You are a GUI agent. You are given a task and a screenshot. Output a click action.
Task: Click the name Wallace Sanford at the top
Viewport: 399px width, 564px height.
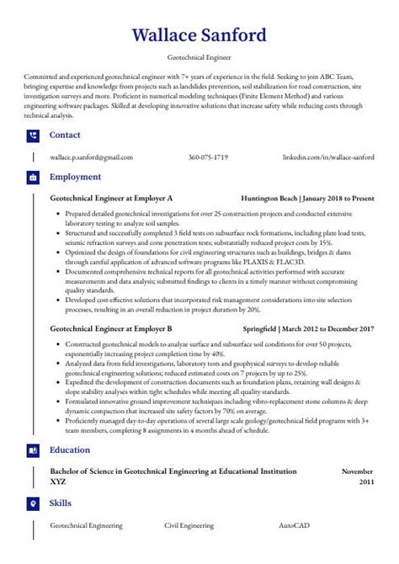(199, 36)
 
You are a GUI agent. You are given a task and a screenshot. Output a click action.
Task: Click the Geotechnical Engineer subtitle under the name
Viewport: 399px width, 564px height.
(199, 61)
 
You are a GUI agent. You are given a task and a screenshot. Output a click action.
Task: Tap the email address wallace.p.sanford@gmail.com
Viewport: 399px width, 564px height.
(91, 157)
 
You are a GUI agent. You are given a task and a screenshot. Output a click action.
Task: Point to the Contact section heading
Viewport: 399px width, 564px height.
(65, 135)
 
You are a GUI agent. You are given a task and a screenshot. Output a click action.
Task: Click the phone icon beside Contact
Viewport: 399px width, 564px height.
(33, 135)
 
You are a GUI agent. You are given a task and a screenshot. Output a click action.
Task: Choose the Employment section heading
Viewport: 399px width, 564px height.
(75, 178)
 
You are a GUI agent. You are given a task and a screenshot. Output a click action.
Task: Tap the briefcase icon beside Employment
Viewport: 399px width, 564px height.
(33, 178)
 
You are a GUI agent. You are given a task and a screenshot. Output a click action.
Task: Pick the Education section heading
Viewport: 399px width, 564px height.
(70, 450)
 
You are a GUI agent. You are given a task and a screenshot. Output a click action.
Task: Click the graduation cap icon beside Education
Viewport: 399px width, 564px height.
(33, 450)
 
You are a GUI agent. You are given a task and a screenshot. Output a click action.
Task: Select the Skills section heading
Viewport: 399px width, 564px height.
(61, 503)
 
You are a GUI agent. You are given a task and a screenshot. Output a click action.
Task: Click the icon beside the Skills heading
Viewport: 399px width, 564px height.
(33, 503)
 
